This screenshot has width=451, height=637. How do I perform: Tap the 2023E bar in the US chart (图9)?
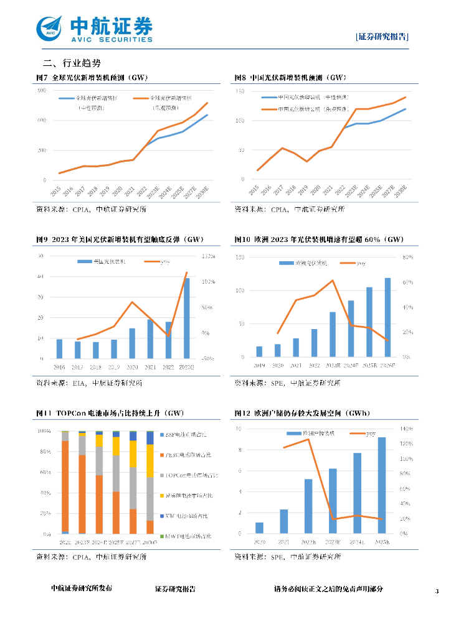tap(186, 318)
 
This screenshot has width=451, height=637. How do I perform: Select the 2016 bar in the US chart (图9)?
tap(59, 349)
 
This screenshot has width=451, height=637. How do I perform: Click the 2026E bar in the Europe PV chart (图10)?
tap(388, 317)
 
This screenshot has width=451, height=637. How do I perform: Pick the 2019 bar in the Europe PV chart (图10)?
tap(259, 351)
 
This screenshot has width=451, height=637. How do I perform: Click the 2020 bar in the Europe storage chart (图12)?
tap(259, 528)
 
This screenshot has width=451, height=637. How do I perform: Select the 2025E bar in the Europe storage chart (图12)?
tap(381, 485)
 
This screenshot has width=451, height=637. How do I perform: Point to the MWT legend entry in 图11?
tap(186, 536)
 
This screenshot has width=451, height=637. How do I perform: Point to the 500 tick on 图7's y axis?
tap(42, 91)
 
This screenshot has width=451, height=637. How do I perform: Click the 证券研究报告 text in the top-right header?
tap(382, 37)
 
